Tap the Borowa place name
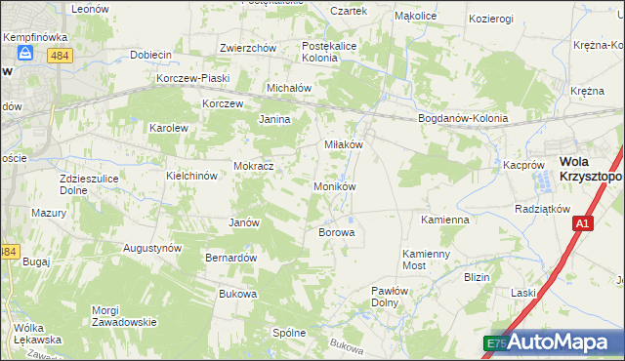click(x=335, y=233)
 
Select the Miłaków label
click(x=344, y=144)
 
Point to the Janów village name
click(x=243, y=222)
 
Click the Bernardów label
click(x=230, y=258)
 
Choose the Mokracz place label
click(x=253, y=167)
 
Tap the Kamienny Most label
click(x=428, y=259)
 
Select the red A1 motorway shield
click(x=582, y=224)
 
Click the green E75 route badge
click(x=496, y=342)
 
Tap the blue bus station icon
click(x=26, y=56)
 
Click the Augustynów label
click(x=152, y=248)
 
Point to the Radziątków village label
click(x=542, y=210)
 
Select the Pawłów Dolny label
click(x=396, y=297)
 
